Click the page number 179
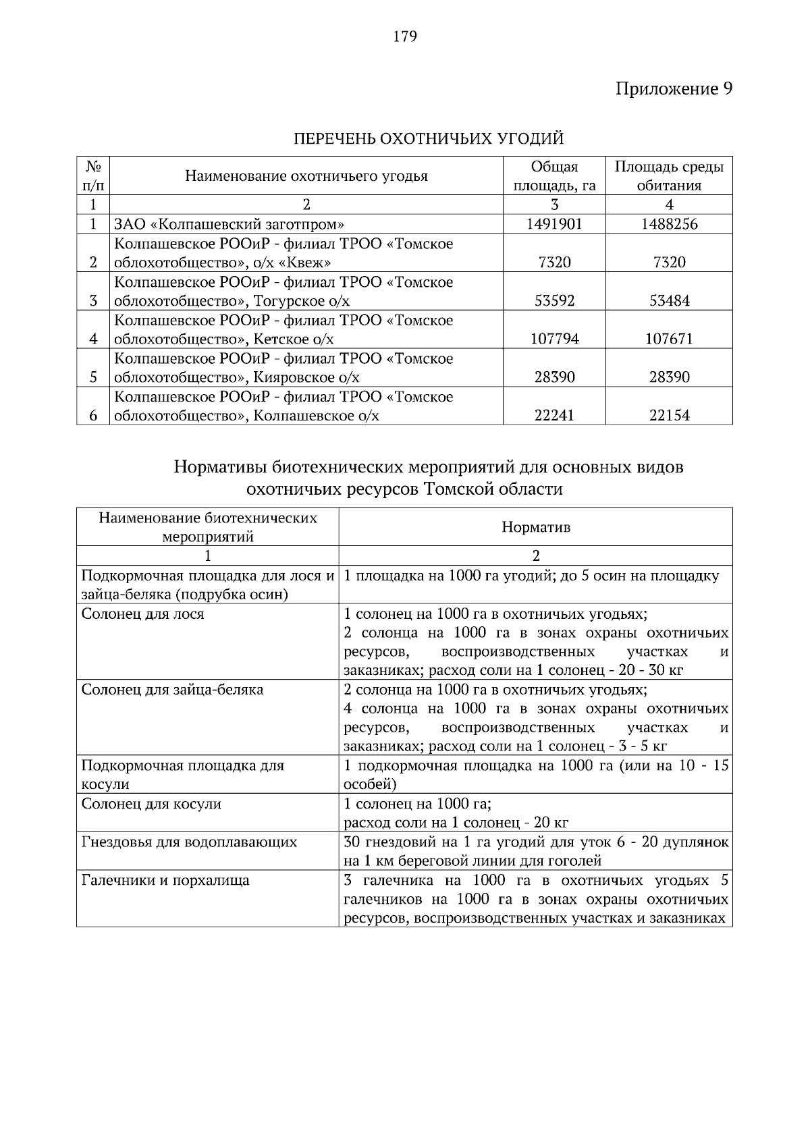point(405,36)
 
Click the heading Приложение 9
point(673,89)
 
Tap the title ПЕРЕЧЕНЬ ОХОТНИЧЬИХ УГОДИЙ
point(429,139)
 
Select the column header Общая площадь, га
point(554,176)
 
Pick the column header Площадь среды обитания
point(669,176)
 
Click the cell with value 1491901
point(554,224)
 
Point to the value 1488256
point(669,224)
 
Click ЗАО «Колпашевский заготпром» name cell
point(230,224)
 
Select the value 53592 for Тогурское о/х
point(554,301)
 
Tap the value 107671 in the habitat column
point(669,339)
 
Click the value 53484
point(669,301)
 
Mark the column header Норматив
point(536,527)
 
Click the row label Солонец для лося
point(142,614)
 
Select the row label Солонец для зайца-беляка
point(172,690)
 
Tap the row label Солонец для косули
point(151,804)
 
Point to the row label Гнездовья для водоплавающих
point(189,842)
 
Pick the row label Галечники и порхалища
point(165,880)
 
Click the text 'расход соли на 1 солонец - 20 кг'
point(456,823)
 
